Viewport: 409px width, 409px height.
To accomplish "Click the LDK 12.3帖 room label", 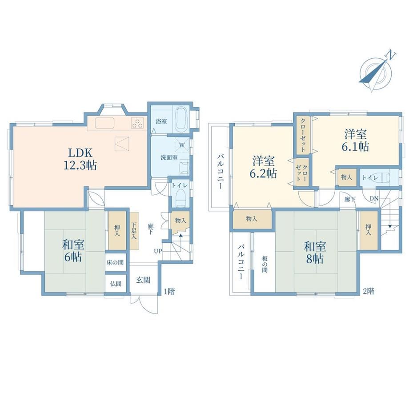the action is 80,159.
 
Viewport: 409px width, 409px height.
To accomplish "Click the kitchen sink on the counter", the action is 104,123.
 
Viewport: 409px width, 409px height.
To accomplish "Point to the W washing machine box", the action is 182,145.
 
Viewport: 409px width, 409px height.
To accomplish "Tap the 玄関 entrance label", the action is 143,280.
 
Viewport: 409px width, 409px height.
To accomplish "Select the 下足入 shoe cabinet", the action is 134,231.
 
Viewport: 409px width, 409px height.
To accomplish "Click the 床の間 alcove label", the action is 115,262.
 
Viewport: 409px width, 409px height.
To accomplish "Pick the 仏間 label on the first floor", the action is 116,284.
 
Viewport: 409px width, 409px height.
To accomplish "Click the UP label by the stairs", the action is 158,251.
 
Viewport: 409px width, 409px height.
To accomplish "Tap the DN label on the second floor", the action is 374,199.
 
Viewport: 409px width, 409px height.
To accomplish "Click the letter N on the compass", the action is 391,55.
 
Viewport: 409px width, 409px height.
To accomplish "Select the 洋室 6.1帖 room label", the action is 355,140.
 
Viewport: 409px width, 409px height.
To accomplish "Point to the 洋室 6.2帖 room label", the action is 263,167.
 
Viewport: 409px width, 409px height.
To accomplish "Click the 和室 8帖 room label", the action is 315,253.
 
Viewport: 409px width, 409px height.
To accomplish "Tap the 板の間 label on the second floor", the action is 265,264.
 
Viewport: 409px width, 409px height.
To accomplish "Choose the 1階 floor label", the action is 169,291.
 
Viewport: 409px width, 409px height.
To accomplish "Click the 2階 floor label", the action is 369,291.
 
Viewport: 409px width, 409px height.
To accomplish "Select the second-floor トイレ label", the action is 370,178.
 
